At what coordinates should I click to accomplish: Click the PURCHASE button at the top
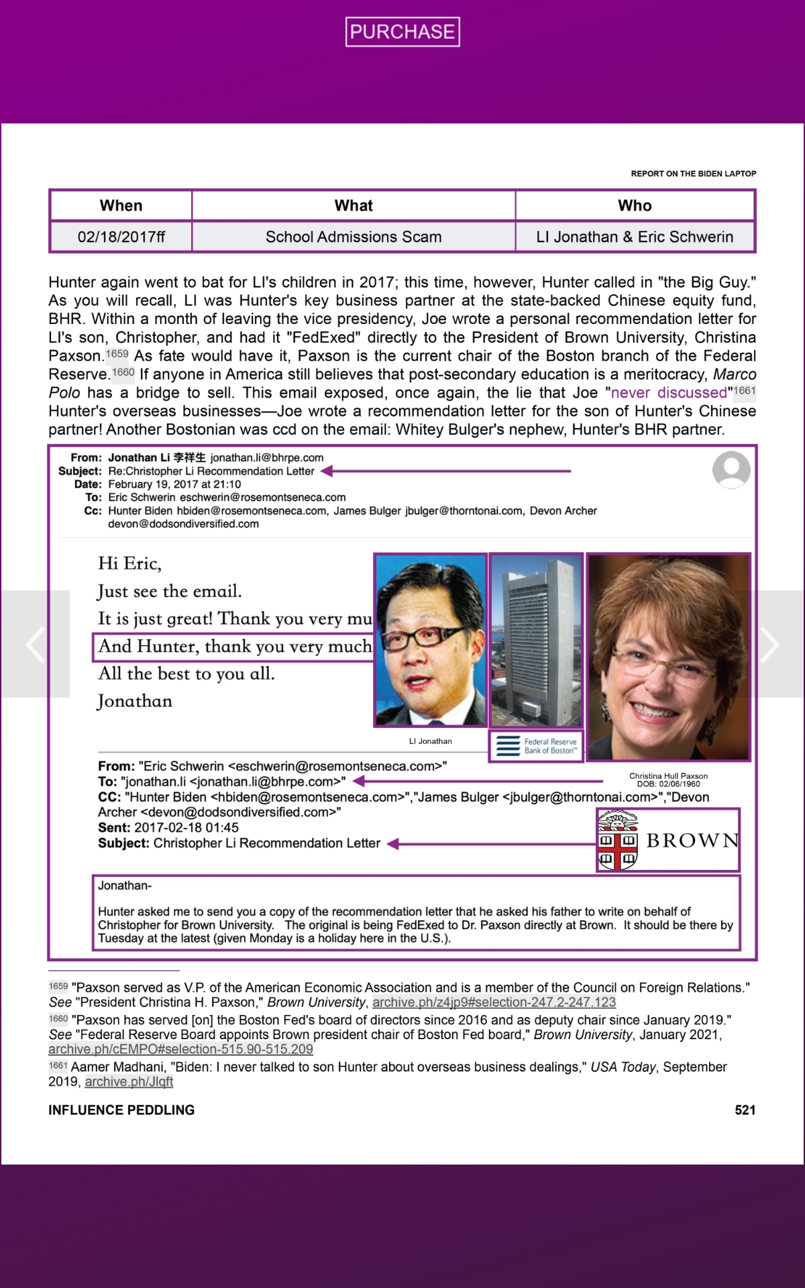tap(402, 32)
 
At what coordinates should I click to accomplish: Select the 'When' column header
tap(121, 205)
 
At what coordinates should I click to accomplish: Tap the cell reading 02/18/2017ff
tap(121, 237)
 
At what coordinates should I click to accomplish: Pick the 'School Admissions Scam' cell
tap(354, 237)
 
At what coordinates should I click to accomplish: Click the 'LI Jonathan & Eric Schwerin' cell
tap(635, 237)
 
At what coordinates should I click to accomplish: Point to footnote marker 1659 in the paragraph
tap(117, 354)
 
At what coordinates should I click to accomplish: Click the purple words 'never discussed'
tap(668, 392)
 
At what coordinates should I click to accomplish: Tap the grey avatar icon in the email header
tap(731, 470)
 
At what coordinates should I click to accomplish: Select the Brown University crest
tap(617, 841)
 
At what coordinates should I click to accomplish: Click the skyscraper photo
tap(536, 640)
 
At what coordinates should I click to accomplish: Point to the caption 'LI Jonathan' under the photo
tap(431, 741)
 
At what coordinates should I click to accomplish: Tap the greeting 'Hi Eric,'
tap(129, 563)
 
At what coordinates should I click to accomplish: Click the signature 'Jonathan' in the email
tap(135, 701)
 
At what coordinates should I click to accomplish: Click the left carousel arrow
tap(35, 644)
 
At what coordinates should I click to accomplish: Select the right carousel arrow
tap(769, 644)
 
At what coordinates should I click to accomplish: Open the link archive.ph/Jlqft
tap(129, 1081)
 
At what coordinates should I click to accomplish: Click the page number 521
tap(745, 1110)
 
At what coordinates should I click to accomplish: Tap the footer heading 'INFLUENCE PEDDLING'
tap(121, 1110)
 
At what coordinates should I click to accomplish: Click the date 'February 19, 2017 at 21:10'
tap(174, 484)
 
